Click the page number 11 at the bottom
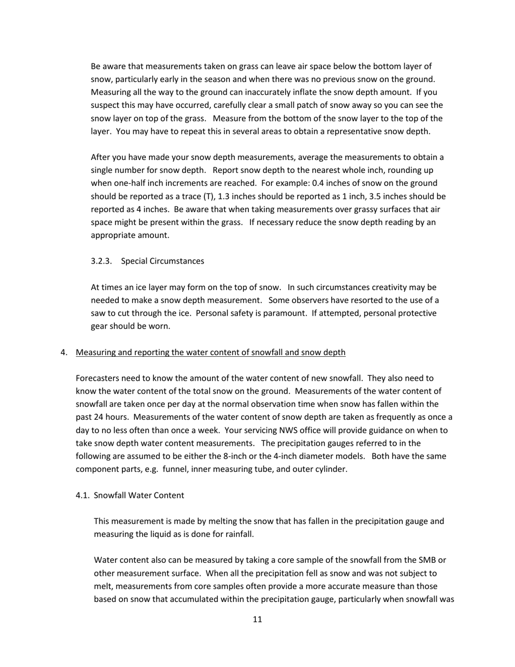tap(257, 619)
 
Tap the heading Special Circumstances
tap(163, 261)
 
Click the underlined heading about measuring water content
tap(210, 352)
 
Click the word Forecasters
tap(98, 379)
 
